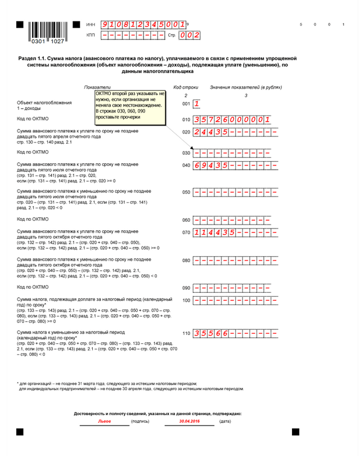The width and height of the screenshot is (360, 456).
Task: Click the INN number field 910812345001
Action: (143, 25)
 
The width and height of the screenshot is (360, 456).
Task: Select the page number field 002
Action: (189, 35)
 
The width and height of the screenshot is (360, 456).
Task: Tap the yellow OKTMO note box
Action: (131, 108)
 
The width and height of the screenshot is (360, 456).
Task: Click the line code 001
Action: (186, 104)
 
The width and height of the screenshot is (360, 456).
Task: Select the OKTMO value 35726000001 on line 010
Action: (232, 119)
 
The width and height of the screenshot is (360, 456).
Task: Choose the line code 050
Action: (186, 193)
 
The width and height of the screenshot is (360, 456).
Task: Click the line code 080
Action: (186, 261)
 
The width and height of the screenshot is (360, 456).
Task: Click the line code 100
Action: (186, 301)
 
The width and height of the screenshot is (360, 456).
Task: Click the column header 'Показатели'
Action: (97, 88)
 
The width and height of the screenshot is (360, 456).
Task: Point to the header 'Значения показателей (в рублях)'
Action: (245, 88)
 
